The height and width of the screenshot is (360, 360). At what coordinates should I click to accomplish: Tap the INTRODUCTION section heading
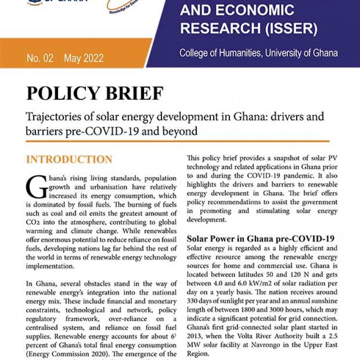69,159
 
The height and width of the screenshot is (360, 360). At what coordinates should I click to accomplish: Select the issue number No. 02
40,59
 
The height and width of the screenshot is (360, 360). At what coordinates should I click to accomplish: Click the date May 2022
84,59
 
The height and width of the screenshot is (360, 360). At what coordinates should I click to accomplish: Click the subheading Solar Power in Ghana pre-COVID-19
260,239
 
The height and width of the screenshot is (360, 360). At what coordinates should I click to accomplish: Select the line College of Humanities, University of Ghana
258,53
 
